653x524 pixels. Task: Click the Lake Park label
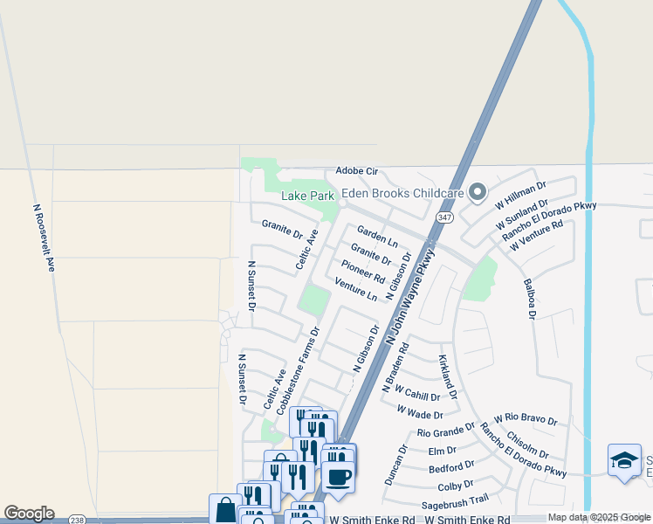pyautogui.click(x=306, y=195)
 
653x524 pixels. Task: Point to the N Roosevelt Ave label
pyautogui.click(x=44, y=238)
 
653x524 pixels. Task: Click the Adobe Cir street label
pyautogui.click(x=356, y=171)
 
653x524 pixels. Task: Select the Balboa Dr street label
pyautogui.click(x=528, y=299)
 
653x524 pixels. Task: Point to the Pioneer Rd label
pyautogui.click(x=363, y=271)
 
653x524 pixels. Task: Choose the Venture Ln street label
pyautogui.click(x=356, y=290)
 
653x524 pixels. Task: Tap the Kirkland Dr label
pyautogui.click(x=447, y=372)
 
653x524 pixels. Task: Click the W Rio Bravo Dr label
pyautogui.click(x=526, y=420)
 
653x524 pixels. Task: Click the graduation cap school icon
pyautogui.click(x=624, y=461)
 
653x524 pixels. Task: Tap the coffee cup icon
pyautogui.click(x=339, y=477)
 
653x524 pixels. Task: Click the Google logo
pyautogui.click(x=29, y=514)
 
